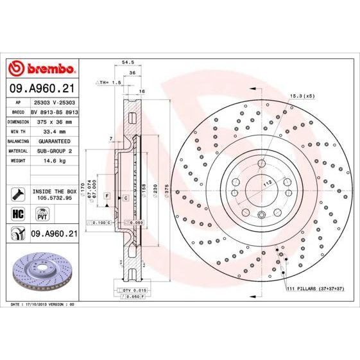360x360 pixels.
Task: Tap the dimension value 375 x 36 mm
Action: (53, 121)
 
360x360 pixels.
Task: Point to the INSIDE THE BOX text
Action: (54, 191)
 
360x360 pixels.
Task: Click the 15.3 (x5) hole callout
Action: (301, 95)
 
